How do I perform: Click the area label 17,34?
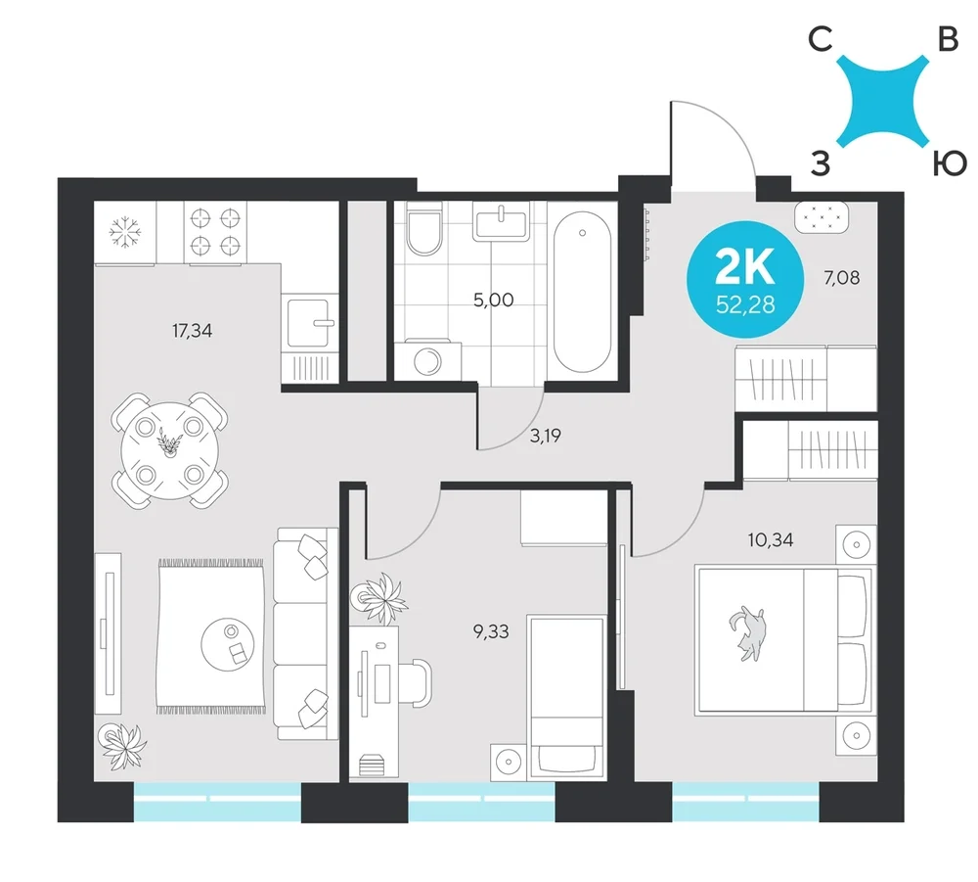tap(192, 330)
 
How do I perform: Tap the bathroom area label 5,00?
tap(493, 301)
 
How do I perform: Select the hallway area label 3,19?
tap(545, 436)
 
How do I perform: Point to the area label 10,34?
tap(771, 539)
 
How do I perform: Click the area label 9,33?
tap(491, 631)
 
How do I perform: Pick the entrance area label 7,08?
tap(841, 277)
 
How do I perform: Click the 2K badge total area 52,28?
tap(745, 304)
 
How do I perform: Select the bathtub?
tap(583, 292)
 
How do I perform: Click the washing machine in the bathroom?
tap(431, 360)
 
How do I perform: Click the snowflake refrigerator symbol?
tap(125, 232)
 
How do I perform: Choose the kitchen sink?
tap(309, 322)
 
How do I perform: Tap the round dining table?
tap(169, 450)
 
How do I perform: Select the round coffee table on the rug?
tap(228, 644)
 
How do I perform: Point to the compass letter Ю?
tap(950, 163)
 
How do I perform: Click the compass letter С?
tap(821, 40)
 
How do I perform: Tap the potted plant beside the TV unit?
tap(124, 745)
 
